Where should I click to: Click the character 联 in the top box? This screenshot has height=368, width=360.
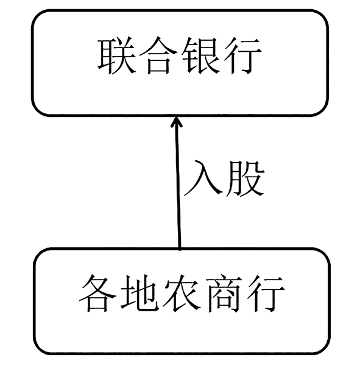click(116, 56)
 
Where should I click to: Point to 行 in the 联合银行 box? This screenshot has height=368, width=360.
click(242, 56)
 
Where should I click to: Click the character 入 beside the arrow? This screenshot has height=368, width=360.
click(203, 178)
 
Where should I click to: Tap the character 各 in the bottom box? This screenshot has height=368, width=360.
click(97, 294)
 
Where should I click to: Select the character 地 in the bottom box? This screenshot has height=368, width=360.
click(139, 294)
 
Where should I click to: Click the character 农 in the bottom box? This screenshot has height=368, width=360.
click(182, 294)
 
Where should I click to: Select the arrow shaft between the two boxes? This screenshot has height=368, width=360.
click(178, 183)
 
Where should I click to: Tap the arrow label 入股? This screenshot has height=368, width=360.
click(224, 178)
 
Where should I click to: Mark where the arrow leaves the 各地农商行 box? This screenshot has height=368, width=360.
click(180, 249)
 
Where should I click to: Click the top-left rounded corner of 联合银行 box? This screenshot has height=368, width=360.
click(38, 16)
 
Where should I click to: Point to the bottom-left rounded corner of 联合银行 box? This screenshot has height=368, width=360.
click(38, 110)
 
